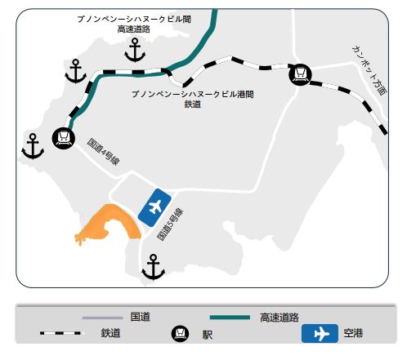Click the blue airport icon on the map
[154, 207]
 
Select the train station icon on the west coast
[64, 138]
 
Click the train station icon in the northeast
[300, 74]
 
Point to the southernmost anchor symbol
[153, 267]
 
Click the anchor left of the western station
[33, 146]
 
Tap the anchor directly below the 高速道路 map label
[135, 50]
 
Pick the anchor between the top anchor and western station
[76, 71]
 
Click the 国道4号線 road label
[103, 152]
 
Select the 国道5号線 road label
[170, 224]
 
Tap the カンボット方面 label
[369, 70]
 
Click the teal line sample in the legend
[230, 318]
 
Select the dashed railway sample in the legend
[60, 333]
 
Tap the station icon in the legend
[180, 334]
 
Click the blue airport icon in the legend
[320, 333]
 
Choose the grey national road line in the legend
[102, 318]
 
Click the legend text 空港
[353, 333]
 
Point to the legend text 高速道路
[280, 318]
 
